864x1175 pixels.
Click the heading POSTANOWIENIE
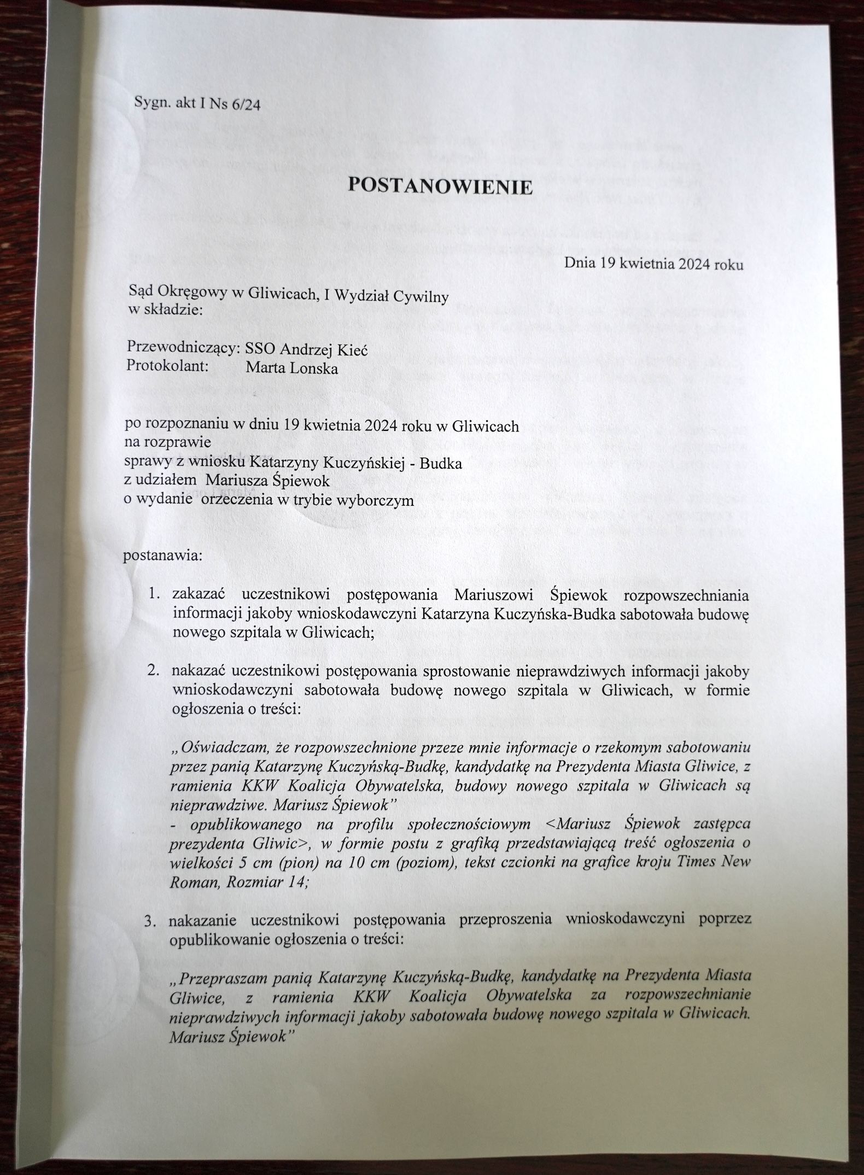pos(440,188)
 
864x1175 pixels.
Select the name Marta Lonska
pos(291,368)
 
